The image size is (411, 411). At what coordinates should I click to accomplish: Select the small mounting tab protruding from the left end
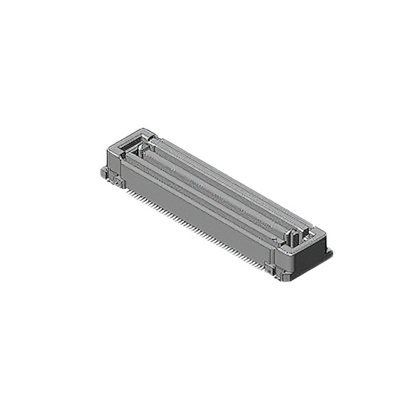click(x=103, y=172)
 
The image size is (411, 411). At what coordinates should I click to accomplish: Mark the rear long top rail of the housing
click(x=231, y=177)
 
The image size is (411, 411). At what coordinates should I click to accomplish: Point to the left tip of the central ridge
click(x=146, y=153)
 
